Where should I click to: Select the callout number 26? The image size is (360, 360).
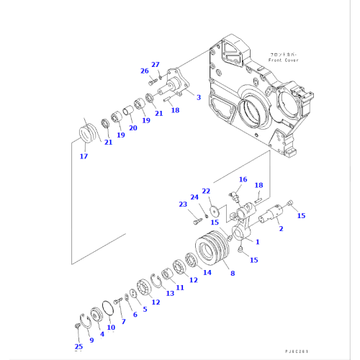[144, 71]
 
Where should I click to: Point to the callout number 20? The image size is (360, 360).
[132, 128]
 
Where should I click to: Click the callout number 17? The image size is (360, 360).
[84, 156]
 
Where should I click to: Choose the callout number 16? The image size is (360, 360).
[243, 179]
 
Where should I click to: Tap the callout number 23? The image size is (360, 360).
[182, 204]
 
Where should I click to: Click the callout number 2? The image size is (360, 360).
[280, 228]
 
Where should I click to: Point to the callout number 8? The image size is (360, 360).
[232, 274]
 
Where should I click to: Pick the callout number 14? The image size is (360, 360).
[207, 272]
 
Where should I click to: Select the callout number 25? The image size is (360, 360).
[78, 346]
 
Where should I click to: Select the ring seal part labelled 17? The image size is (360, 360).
[87, 135]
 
